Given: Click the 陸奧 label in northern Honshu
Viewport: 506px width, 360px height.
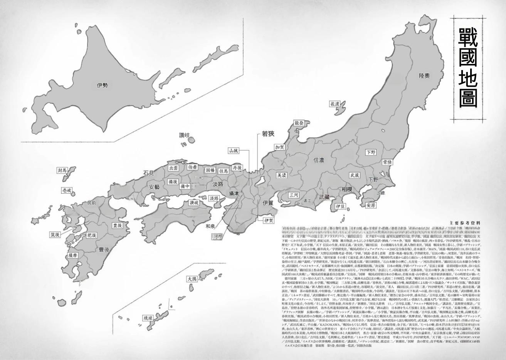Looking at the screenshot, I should click(424, 76).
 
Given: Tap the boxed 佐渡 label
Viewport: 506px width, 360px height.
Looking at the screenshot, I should click(335, 104).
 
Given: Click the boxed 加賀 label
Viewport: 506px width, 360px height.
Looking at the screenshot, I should click(279, 147).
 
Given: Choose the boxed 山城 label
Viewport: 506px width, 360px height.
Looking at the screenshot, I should click(234, 151).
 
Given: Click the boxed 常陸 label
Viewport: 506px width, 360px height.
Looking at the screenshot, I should click(387, 162).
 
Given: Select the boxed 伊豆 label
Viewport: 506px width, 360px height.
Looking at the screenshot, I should click(340, 206).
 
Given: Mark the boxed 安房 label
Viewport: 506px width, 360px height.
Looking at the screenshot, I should click(371, 205).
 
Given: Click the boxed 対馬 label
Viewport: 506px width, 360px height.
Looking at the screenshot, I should click(62, 170).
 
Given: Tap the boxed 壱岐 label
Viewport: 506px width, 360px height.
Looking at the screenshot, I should click(66, 191).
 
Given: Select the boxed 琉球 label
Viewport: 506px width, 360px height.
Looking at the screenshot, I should click(148, 318).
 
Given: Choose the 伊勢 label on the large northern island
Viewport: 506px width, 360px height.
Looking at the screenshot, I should click(102, 85).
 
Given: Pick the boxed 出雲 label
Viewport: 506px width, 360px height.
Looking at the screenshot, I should click(174, 168).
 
